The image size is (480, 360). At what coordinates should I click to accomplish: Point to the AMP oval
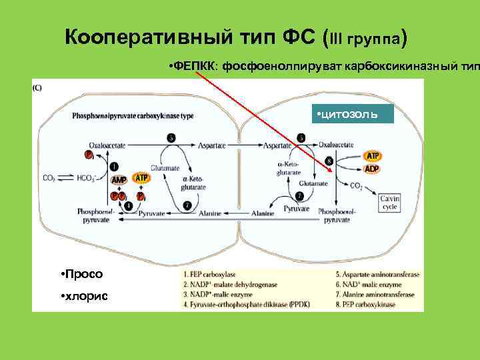pos(119,179)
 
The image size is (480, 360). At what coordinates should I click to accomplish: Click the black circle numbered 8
pos(329,161)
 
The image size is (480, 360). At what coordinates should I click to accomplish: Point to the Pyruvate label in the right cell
pos(296,209)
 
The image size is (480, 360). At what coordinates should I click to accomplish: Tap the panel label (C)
pos(37,87)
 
